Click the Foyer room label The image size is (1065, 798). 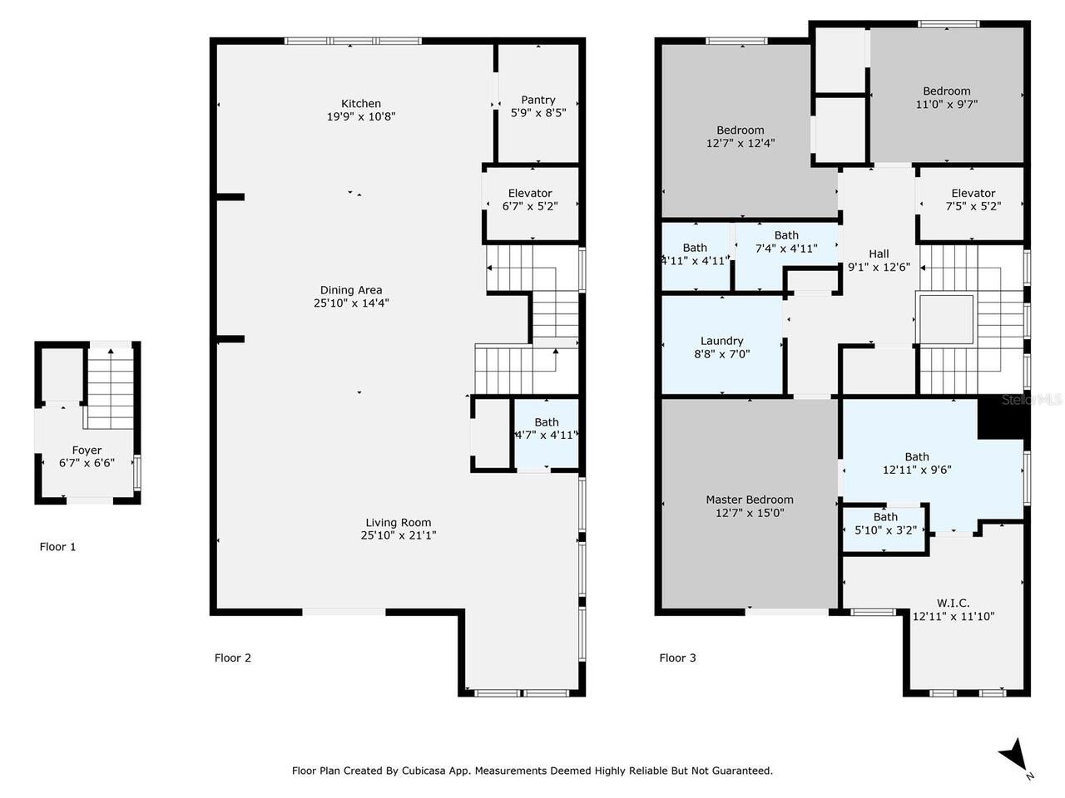point(87,451)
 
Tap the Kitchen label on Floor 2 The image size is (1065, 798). point(361,104)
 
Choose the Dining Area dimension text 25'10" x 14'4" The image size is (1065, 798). point(351,303)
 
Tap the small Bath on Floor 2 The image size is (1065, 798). point(547,429)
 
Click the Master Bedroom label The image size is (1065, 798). point(750,500)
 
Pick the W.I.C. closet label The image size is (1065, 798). point(953,603)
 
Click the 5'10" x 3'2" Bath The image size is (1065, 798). point(885,523)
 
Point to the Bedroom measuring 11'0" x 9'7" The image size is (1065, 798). point(946,97)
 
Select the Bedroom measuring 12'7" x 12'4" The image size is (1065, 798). point(740,136)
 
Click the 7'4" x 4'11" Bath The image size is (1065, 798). point(785,242)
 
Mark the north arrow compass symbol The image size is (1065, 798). point(1013,756)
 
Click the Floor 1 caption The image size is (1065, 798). point(58,547)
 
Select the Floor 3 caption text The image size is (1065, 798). point(677,658)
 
